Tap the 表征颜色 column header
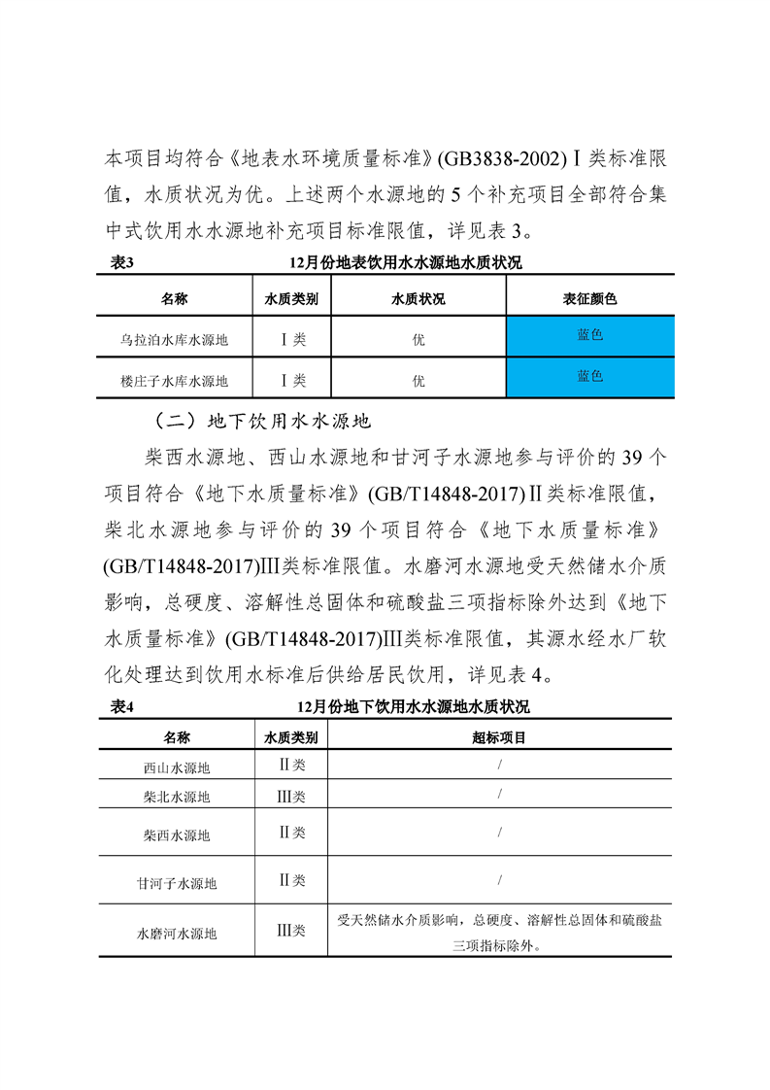589,299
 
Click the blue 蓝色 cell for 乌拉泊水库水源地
589,336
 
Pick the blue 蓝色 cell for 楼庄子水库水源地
589,377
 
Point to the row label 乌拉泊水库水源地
174,341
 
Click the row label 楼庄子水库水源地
174,381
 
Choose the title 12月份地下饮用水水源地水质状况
414,706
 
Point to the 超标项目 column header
499,737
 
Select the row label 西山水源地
176,768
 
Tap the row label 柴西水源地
176,835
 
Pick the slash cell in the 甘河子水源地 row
499,881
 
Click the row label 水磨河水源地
176,934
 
